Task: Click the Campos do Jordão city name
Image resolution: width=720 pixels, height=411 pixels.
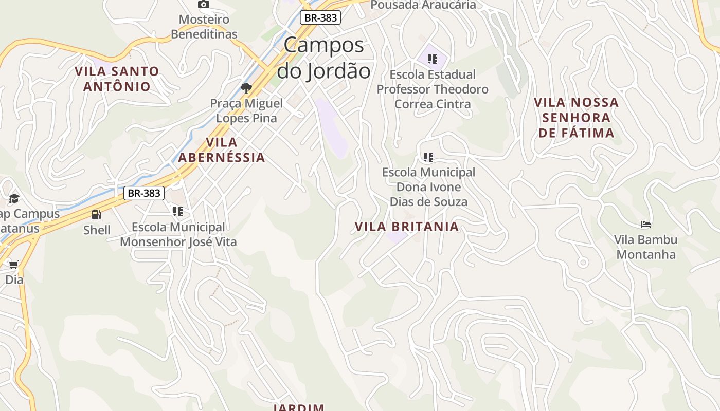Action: point(324,58)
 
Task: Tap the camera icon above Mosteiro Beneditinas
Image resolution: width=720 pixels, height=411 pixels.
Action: point(204,5)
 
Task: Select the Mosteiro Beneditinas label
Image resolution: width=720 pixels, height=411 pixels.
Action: point(204,27)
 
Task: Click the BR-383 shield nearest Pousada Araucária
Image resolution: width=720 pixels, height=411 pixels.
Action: point(320,17)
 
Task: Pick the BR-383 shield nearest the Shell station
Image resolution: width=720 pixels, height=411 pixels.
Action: point(144,193)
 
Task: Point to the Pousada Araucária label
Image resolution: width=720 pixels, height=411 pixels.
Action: point(423,5)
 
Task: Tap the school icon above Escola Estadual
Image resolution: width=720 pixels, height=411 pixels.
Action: point(433,59)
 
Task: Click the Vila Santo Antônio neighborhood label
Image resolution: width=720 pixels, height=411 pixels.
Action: point(117,79)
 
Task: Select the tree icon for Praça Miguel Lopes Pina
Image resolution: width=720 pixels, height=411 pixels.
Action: point(246,88)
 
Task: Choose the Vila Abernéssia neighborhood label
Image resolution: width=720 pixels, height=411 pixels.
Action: point(222,150)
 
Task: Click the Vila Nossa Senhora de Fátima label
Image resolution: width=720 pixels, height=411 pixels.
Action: point(576,118)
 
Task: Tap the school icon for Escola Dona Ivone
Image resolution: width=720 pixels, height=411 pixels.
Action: point(428,157)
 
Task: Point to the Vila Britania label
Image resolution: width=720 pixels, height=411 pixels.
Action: point(406,227)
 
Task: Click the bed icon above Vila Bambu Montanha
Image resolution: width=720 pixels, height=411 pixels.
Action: point(646,225)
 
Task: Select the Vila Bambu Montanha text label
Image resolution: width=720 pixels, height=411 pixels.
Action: point(646,247)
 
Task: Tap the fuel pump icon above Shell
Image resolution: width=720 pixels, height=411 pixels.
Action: point(96,215)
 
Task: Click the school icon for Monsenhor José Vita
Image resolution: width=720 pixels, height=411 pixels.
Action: point(178,212)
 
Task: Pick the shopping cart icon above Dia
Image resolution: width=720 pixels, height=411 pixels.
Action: point(13,265)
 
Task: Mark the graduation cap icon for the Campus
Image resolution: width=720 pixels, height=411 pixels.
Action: point(14,198)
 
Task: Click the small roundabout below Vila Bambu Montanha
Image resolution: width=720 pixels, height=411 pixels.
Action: point(583,263)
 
